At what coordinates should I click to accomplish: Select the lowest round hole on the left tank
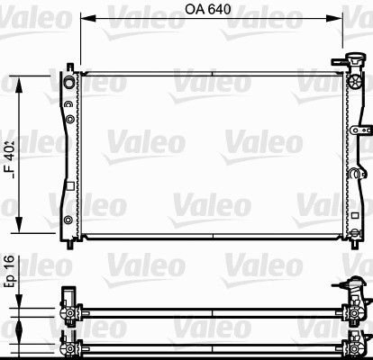coord(68,220)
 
